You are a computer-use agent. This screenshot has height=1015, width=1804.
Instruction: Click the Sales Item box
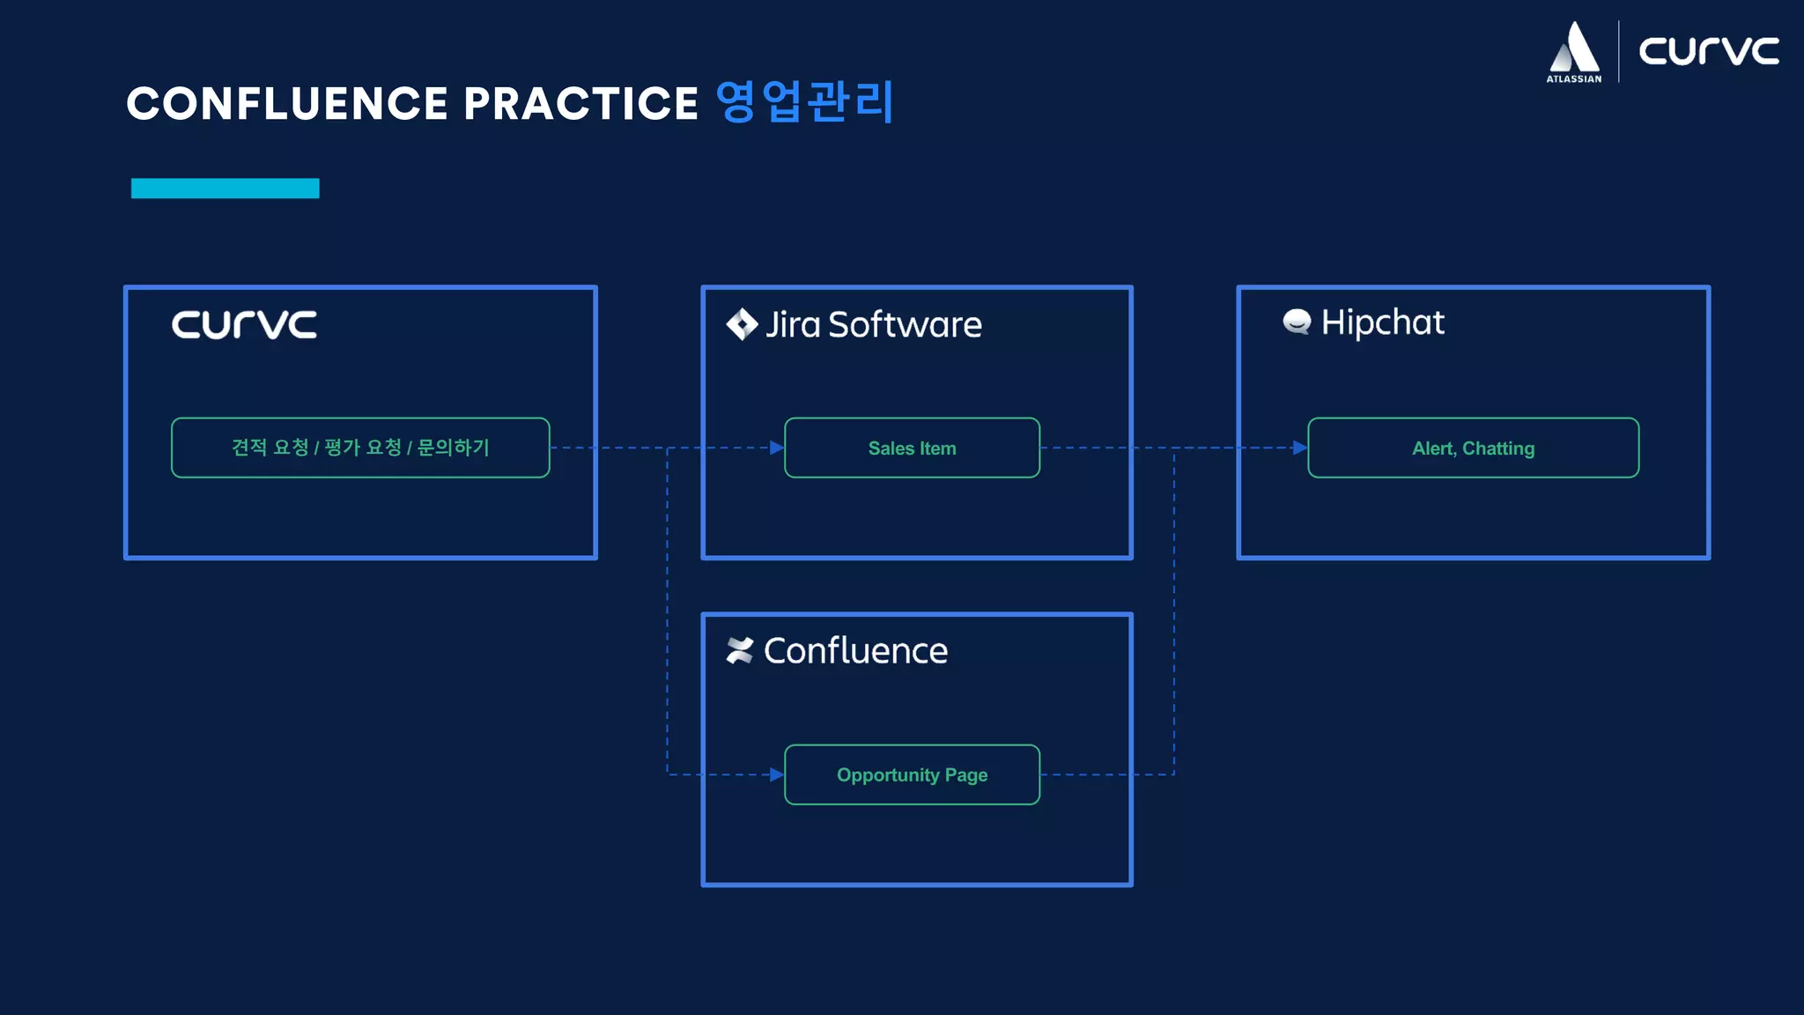pos(912,448)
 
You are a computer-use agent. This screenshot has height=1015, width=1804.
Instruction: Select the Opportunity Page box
pos(912,774)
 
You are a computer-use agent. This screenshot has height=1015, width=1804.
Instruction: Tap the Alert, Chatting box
pos(1473,448)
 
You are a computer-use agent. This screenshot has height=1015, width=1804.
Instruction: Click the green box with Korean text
pos(360,448)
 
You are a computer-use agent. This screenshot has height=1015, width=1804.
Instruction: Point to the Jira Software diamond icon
pos(742,324)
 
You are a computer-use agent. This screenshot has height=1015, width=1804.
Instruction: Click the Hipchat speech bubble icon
pos(1297,322)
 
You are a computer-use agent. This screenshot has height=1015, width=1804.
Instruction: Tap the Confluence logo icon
pos(740,651)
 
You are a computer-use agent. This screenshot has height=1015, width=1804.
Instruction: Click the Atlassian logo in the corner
pos(1574,52)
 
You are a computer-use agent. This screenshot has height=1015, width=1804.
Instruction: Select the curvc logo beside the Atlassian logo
pos(1708,51)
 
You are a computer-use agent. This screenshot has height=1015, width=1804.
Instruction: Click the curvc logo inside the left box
pos(244,324)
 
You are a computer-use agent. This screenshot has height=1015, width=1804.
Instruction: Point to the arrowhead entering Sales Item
pos(777,448)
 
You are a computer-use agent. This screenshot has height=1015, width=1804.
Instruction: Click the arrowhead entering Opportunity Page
pos(777,774)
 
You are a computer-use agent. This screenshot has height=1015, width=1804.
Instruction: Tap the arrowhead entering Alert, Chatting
pos(1300,448)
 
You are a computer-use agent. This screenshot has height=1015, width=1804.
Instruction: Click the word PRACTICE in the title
pos(581,103)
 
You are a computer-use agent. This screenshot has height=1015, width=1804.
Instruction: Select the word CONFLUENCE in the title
pos(288,103)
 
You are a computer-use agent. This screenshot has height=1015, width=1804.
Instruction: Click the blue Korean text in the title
pos(805,101)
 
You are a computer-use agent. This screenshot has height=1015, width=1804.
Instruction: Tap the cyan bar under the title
pos(225,189)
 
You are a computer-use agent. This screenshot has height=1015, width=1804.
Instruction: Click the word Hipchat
pos(1382,322)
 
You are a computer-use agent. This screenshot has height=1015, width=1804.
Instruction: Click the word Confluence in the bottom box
pos(855,651)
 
